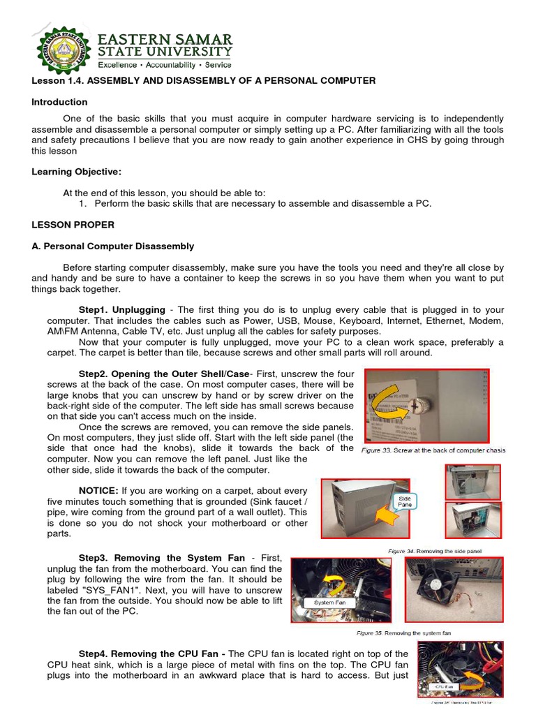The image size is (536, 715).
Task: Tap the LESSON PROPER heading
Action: tap(73, 225)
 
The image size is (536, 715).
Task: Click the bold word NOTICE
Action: tap(99, 490)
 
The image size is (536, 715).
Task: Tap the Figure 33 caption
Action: tap(433, 450)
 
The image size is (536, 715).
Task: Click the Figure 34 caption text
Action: tap(434, 551)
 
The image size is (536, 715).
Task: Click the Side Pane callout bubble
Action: tap(405, 500)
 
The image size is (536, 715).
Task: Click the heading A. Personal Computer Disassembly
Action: tap(113, 246)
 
